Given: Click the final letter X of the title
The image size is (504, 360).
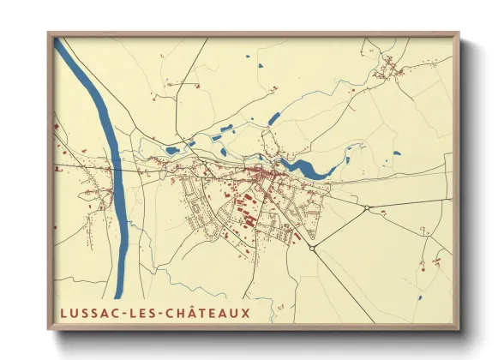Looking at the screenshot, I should pyautogui.click(x=246, y=313).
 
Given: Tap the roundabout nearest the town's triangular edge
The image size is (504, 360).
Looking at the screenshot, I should pyautogui.click(x=313, y=249).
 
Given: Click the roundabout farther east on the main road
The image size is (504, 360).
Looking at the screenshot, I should pyautogui.click(x=366, y=208).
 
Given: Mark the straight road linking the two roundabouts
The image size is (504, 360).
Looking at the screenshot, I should pyautogui.click(x=339, y=228).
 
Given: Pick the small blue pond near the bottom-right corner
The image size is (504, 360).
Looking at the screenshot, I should pyautogui.click(x=420, y=297).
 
